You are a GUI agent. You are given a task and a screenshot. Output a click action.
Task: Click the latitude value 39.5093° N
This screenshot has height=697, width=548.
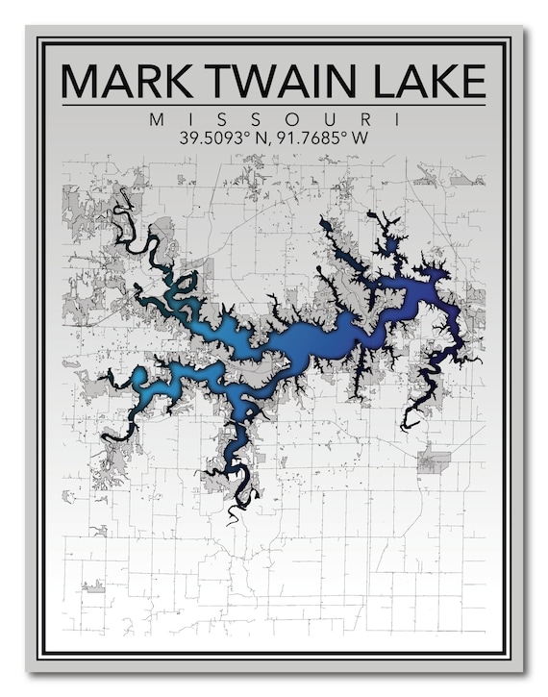(224, 137)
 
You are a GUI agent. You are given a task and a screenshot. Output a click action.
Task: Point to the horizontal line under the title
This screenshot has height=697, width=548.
(274, 104)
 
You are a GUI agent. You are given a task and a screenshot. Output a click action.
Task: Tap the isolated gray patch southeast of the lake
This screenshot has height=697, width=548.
(435, 461)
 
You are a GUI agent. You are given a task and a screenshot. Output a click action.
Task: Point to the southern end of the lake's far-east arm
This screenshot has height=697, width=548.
(405, 427)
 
